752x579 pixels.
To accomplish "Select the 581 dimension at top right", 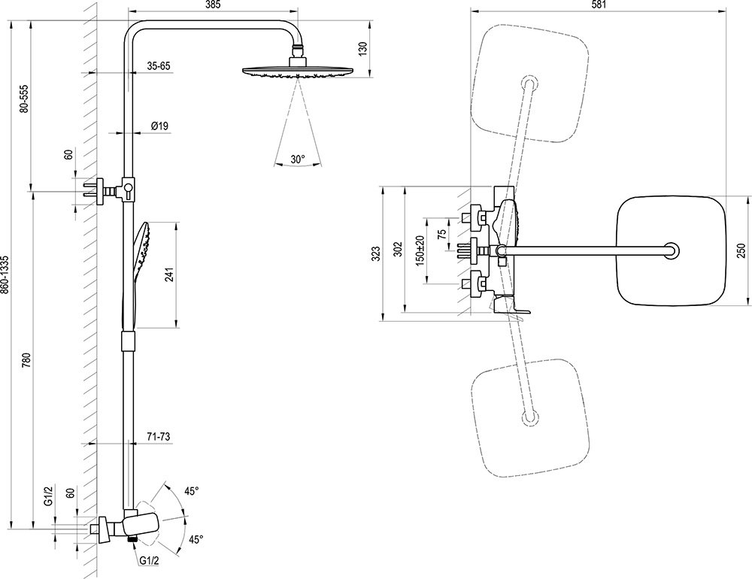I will coord(598,5).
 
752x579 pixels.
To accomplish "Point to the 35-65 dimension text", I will coord(159,66).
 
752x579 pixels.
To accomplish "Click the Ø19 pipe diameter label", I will coord(159,126).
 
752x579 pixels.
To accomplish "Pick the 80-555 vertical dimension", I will coord(24,99).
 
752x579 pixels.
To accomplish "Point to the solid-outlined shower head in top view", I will coord(669,250).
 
